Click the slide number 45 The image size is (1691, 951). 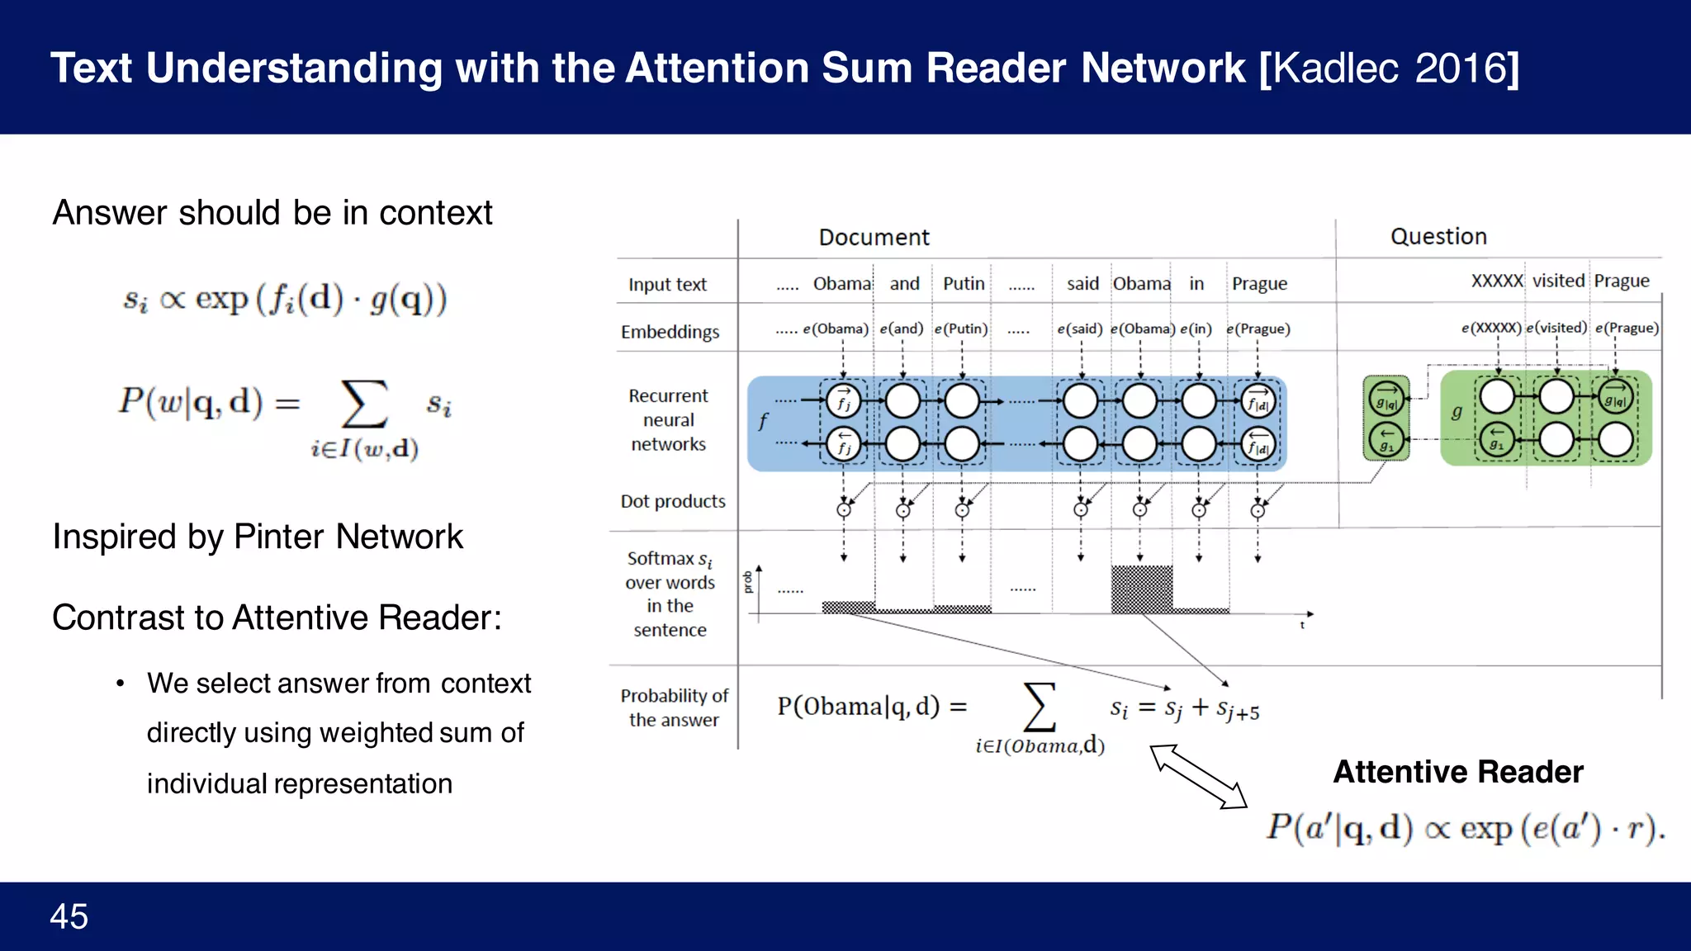[69, 916]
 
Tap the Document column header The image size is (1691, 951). [874, 238]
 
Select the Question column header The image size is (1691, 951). [1438, 237]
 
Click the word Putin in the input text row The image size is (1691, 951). [964, 284]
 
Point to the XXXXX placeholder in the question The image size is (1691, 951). [1496, 282]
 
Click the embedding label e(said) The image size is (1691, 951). [1080, 329]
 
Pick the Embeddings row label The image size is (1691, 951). [670, 332]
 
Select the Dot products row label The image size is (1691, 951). [673, 501]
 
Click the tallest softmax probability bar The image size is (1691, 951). [1141, 589]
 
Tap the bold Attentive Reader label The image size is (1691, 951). [1458, 772]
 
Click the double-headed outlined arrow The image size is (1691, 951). [1198, 776]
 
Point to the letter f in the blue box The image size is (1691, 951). [763, 422]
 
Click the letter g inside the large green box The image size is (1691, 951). [1457, 412]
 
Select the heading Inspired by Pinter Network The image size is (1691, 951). [258, 537]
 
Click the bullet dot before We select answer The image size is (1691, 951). [121, 684]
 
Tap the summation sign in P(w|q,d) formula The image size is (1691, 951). [364, 404]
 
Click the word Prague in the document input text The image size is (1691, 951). [1259, 284]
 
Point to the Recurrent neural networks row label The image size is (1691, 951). [668, 420]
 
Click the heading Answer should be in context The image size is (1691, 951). [272, 213]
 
